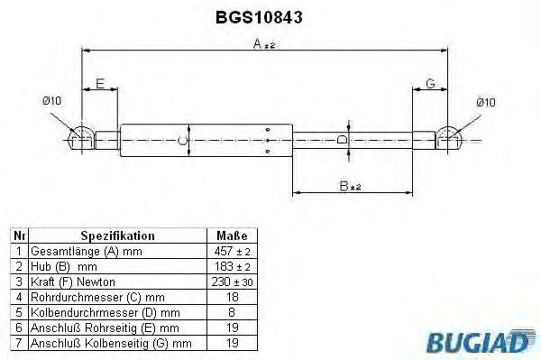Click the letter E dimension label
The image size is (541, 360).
pos(101,83)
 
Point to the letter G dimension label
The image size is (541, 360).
pos(430,83)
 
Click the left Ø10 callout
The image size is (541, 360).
pos(50,101)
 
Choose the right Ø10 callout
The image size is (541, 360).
pos(485,102)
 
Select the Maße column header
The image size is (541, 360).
pos(232,235)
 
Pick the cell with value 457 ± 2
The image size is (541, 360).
pos(232,250)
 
